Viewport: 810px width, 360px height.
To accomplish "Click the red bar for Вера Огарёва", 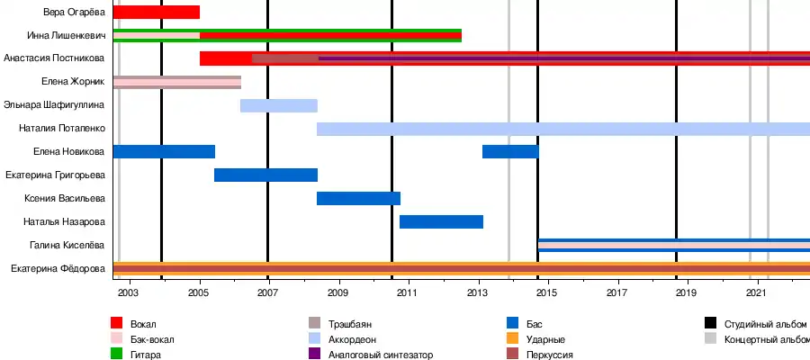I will [x=157, y=13].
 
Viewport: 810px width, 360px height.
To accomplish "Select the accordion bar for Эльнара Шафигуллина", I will [x=279, y=105].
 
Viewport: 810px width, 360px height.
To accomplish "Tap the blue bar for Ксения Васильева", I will [x=358, y=198].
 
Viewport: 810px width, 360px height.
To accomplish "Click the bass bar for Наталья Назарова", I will [x=441, y=221].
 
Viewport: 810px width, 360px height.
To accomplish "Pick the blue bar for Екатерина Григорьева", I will [x=265, y=175].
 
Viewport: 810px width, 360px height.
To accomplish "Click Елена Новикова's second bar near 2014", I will [x=510, y=151].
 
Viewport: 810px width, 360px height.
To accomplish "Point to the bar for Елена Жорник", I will [x=177, y=82].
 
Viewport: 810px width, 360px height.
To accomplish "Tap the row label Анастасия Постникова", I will [x=54, y=58].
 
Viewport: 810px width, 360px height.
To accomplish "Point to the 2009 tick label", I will [x=337, y=292].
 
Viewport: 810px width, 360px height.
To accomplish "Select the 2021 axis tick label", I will [x=757, y=292].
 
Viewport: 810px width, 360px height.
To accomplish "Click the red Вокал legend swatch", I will [x=117, y=323].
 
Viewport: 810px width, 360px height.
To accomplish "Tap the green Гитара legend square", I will [x=117, y=355].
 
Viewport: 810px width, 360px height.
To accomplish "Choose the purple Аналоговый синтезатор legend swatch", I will [x=315, y=355].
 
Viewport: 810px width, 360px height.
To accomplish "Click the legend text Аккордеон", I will [x=354, y=339].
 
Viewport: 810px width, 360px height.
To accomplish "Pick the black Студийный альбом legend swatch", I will [x=710, y=323].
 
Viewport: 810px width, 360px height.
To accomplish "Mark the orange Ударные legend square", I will [x=513, y=339].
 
